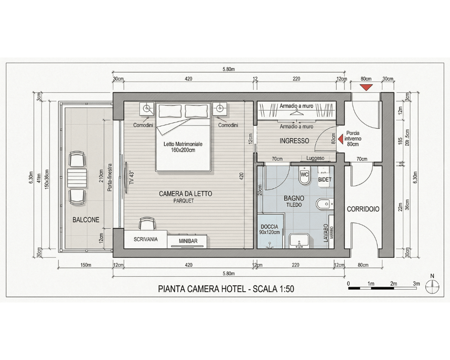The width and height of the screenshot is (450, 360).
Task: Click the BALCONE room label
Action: (86, 220)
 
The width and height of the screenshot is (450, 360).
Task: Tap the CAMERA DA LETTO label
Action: (185, 194)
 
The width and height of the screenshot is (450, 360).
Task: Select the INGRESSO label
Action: (294, 141)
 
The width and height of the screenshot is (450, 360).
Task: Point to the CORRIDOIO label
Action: (363, 209)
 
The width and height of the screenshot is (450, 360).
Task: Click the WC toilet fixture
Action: (304, 175)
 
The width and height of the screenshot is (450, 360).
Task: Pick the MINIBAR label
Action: (188, 241)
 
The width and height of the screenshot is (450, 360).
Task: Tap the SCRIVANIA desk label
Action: (145, 239)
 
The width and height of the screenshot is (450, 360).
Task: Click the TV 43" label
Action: (131, 178)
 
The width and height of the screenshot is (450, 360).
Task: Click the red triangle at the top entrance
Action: (366, 87)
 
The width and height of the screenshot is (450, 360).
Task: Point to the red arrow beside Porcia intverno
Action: (340, 139)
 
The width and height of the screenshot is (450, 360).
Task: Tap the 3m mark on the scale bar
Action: (416, 284)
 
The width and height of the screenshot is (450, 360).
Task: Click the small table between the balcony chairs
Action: (77, 178)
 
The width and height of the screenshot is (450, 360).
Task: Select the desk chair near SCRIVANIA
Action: (147, 224)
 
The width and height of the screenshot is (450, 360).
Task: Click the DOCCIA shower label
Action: (270, 229)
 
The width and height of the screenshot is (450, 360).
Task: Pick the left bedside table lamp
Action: (147, 108)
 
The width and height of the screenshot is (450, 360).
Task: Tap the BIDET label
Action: (325, 180)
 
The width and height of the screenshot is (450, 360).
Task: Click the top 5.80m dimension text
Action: (229, 69)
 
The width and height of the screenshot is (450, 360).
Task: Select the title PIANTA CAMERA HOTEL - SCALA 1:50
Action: (226, 289)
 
